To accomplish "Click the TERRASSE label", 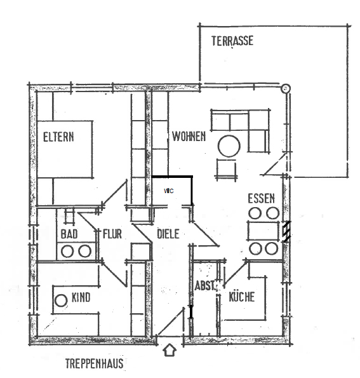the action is click(x=232, y=41).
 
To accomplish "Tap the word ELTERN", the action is click(x=58, y=137).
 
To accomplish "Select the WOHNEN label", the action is click(x=189, y=137).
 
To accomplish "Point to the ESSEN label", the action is click(x=262, y=198).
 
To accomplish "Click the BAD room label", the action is click(x=69, y=234).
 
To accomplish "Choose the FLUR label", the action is click(x=112, y=234).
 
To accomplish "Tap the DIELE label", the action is click(x=168, y=234).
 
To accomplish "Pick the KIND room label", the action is click(x=81, y=297).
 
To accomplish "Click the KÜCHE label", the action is click(x=242, y=297).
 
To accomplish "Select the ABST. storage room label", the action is click(x=205, y=286).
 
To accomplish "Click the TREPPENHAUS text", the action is click(x=95, y=363).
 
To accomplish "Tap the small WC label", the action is click(x=169, y=191).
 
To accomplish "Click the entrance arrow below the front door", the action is click(x=170, y=350).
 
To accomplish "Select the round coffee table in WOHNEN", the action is click(x=229, y=146).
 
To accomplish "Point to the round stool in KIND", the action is click(x=61, y=300).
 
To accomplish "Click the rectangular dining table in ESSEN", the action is click(x=263, y=231).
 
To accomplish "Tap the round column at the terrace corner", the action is click(x=286, y=88).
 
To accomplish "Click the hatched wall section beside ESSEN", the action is click(x=286, y=232).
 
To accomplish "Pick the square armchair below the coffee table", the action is click(x=226, y=168).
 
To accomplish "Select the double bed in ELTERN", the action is click(x=65, y=149).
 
